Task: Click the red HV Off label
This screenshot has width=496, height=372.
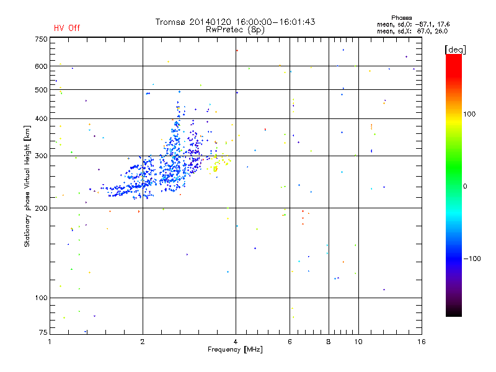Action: (67, 28)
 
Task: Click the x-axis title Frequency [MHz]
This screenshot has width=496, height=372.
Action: (235, 350)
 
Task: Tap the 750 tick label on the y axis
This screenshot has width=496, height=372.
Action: (40, 39)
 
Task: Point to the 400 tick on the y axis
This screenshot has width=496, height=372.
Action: (40, 119)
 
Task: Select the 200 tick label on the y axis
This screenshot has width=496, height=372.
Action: (40, 208)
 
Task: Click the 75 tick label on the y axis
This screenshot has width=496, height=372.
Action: (42, 334)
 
